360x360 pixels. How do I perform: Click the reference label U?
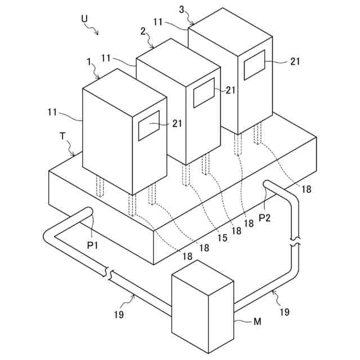tap(84, 19)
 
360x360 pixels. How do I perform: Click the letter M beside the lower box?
tap(257, 322)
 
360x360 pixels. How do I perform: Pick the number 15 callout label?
tap(223, 238)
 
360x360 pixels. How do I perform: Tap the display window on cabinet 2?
tap(204, 92)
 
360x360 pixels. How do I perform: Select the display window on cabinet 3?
tap(254, 65)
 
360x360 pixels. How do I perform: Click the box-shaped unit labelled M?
tap(201, 310)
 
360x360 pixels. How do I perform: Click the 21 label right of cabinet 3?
tap(295, 62)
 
